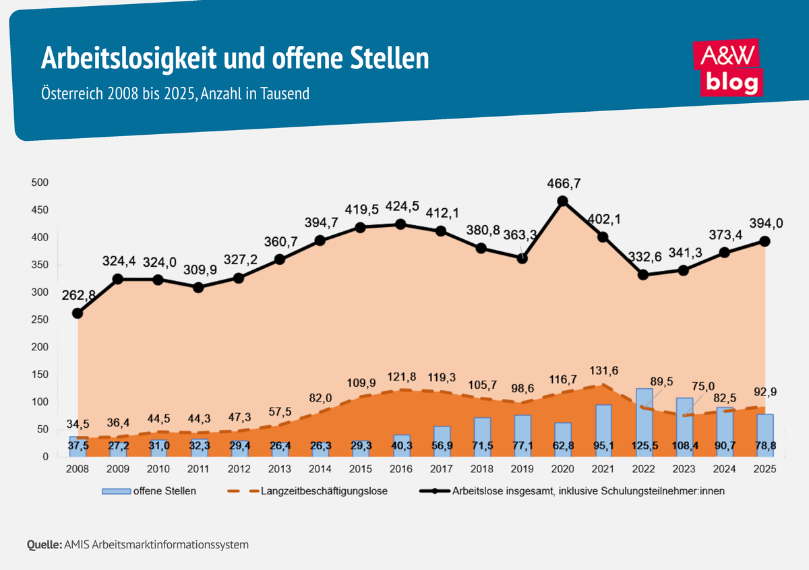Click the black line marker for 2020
[562, 201]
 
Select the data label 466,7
[562, 182]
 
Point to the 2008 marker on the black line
[78, 313]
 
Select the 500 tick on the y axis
[40, 183]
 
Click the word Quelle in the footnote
[44, 544]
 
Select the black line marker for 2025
[765, 241]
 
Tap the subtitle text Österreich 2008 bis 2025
[119, 94]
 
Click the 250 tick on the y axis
[40, 319]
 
